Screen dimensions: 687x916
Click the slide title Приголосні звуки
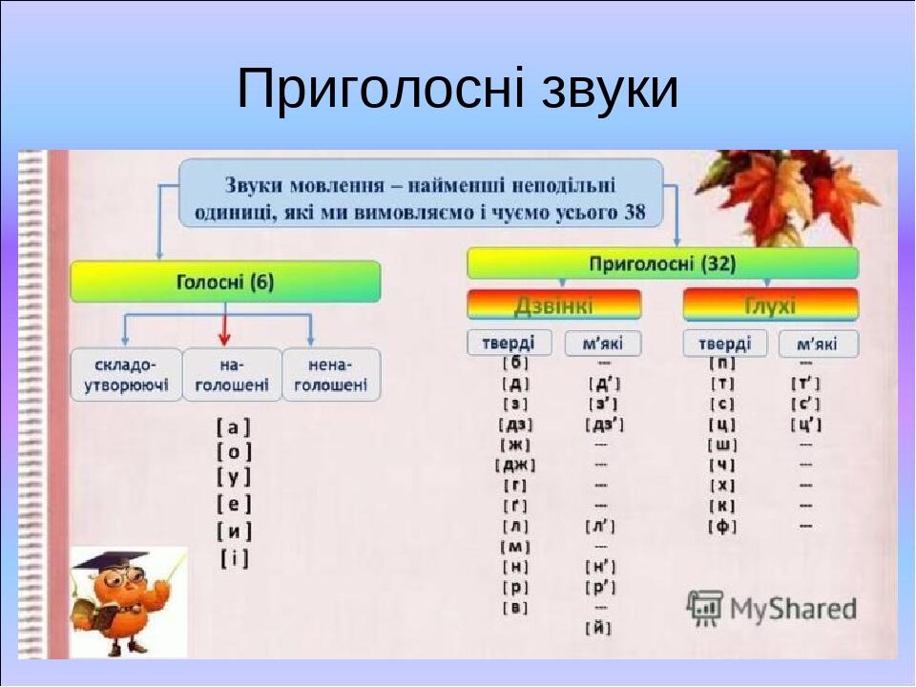(x=458, y=90)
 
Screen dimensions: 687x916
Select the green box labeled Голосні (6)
(x=225, y=282)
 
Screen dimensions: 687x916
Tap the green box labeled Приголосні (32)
(x=662, y=263)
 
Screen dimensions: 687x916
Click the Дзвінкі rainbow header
(x=553, y=305)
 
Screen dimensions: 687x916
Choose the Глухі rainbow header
(x=770, y=305)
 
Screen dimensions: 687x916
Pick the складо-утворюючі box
(x=126, y=374)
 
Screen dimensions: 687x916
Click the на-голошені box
(x=232, y=374)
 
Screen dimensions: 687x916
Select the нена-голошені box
(x=331, y=374)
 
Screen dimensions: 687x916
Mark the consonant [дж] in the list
(x=515, y=465)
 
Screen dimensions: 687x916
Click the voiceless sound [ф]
(x=722, y=526)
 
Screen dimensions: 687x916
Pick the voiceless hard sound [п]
(x=722, y=363)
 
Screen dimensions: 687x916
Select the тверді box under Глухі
(x=725, y=343)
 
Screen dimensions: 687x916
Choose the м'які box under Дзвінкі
(x=603, y=343)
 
